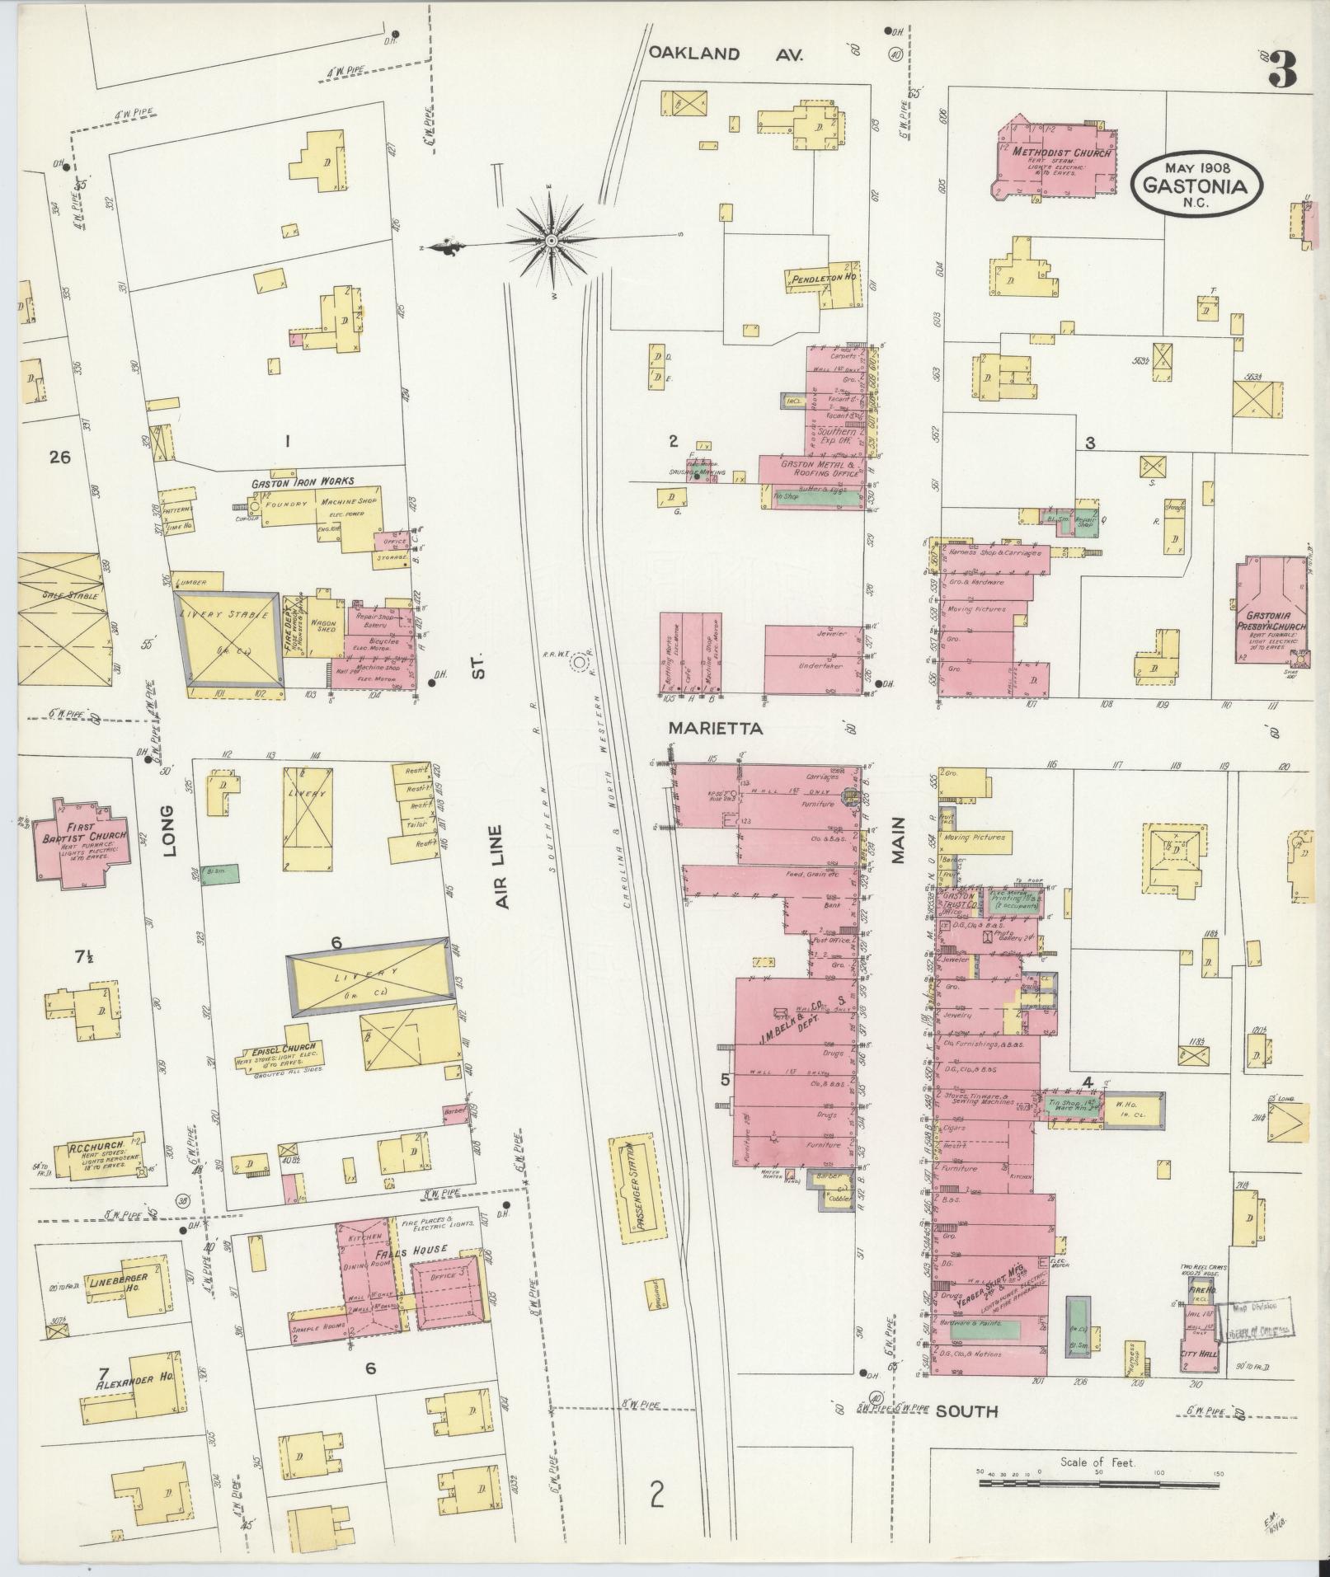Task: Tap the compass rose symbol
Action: pos(551,241)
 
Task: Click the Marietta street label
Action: pos(715,729)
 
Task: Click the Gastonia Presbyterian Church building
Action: pos(1271,611)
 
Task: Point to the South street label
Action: pos(966,1411)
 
